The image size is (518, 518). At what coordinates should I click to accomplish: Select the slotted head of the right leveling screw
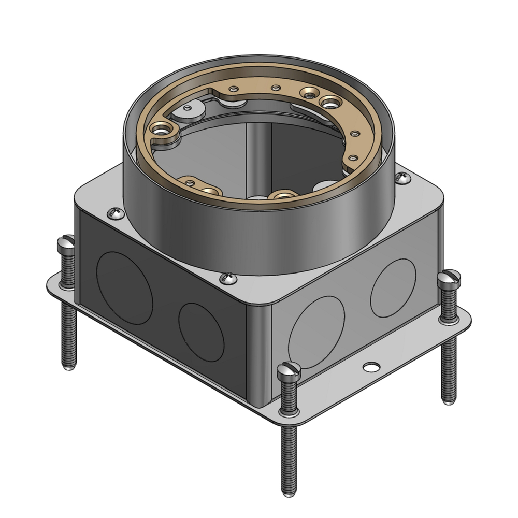pyautogui.click(x=449, y=278)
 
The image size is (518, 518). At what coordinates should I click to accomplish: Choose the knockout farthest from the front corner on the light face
pyautogui.click(x=393, y=287)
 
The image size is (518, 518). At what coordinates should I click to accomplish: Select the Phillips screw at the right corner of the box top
pyautogui.click(x=402, y=178)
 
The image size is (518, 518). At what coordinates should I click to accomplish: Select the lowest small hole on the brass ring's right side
pyautogui.click(x=352, y=157)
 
